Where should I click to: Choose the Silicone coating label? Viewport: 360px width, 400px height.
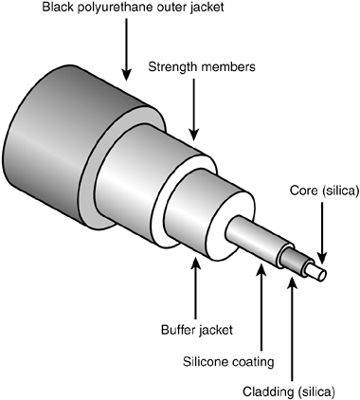coord(242,360)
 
